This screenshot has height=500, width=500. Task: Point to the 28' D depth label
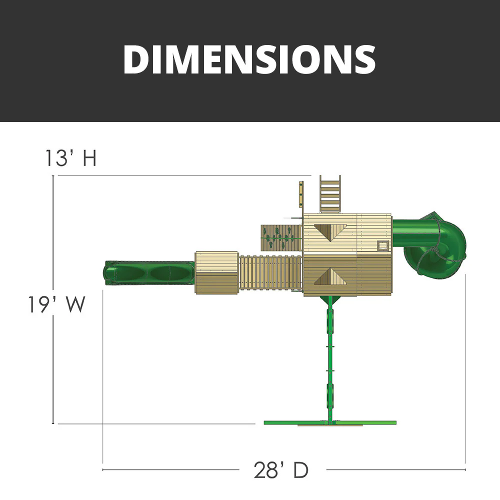(281, 470)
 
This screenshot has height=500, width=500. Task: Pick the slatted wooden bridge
(270, 272)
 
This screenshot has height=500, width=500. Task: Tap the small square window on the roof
(383, 245)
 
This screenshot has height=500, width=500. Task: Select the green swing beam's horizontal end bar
(330, 423)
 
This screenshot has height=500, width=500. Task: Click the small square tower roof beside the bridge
(216, 272)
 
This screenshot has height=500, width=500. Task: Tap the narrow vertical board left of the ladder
(301, 194)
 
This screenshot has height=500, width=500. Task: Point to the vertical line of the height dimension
(53, 300)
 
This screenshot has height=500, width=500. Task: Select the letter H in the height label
(89, 158)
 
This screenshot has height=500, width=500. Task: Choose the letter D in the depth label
(300, 470)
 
